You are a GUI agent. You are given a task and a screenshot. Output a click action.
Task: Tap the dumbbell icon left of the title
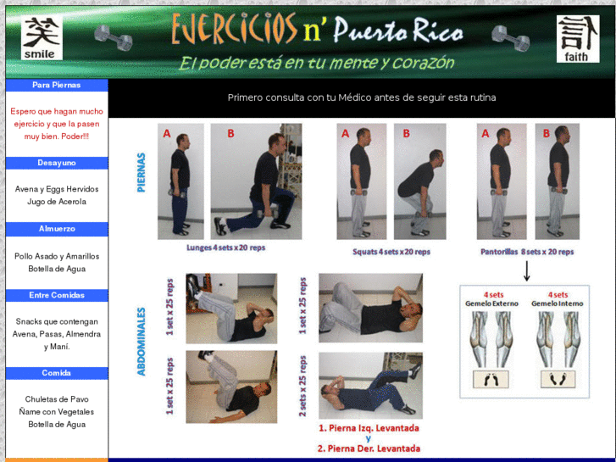[x=113, y=36]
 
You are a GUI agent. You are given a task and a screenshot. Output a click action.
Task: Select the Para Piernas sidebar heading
[x=57, y=85]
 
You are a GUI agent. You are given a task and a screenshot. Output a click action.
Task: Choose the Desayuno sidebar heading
[x=57, y=162]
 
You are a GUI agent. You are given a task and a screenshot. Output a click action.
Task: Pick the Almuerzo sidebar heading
[x=57, y=229]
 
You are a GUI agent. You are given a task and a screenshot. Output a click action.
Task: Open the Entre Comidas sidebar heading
[x=57, y=295]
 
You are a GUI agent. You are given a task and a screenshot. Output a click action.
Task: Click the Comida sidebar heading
[x=57, y=373]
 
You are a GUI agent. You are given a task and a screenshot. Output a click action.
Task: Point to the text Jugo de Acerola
[x=57, y=202]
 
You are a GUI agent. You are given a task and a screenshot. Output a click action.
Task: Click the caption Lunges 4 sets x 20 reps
[x=226, y=248]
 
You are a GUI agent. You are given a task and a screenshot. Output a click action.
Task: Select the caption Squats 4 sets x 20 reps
[x=391, y=252]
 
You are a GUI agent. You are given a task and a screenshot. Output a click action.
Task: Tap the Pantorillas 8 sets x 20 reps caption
[x=527, y=252]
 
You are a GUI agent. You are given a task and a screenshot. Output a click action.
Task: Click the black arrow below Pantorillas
[x=526, y=271]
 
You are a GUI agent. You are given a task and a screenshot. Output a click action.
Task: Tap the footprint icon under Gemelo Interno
[x=557, y=379]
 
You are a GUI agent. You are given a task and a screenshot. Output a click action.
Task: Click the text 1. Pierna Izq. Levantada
[x=369, y=429]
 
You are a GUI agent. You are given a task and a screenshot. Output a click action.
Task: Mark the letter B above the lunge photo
[x=230, y=134]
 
